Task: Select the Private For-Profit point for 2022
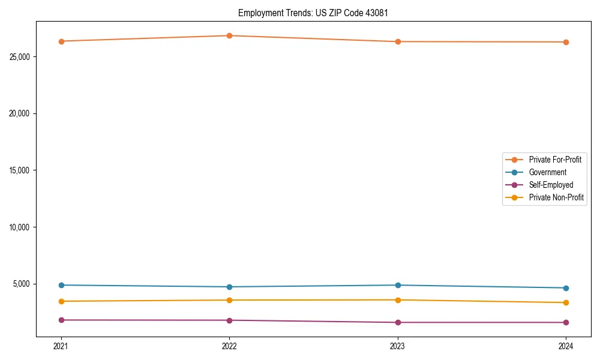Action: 229,35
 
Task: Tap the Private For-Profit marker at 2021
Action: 61,41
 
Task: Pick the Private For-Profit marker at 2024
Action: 566,42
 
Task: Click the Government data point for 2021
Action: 61,285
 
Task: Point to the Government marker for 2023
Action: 398,285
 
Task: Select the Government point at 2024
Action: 566,288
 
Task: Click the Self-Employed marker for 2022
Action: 229,320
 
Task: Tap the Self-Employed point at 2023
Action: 398,323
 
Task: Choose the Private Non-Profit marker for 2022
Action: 229,300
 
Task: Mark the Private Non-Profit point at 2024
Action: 566,302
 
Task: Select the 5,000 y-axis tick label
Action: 21,284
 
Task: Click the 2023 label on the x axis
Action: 398,346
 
